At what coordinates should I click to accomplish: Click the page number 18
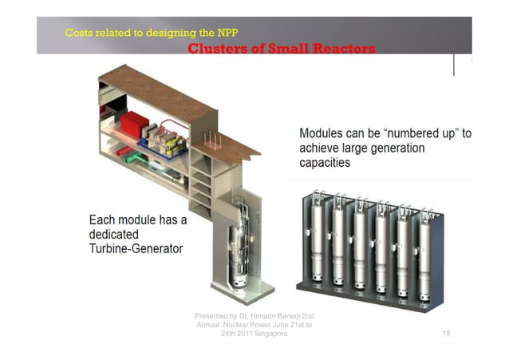[x=446, y=333]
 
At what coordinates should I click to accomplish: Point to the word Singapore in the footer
[x=266, y=334]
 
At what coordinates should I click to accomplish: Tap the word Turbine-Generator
[x=136, y=249]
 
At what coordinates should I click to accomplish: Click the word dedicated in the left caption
[x=114, y=235]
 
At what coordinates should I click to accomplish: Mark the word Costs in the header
[x=77, y=33]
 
